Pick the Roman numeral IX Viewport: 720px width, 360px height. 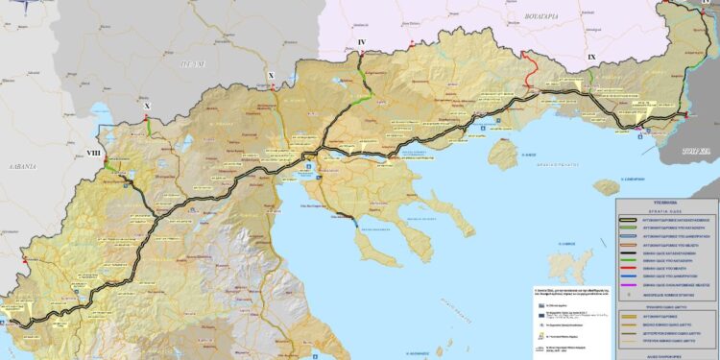point(591,59)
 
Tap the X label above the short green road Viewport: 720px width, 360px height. point(147,106)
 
